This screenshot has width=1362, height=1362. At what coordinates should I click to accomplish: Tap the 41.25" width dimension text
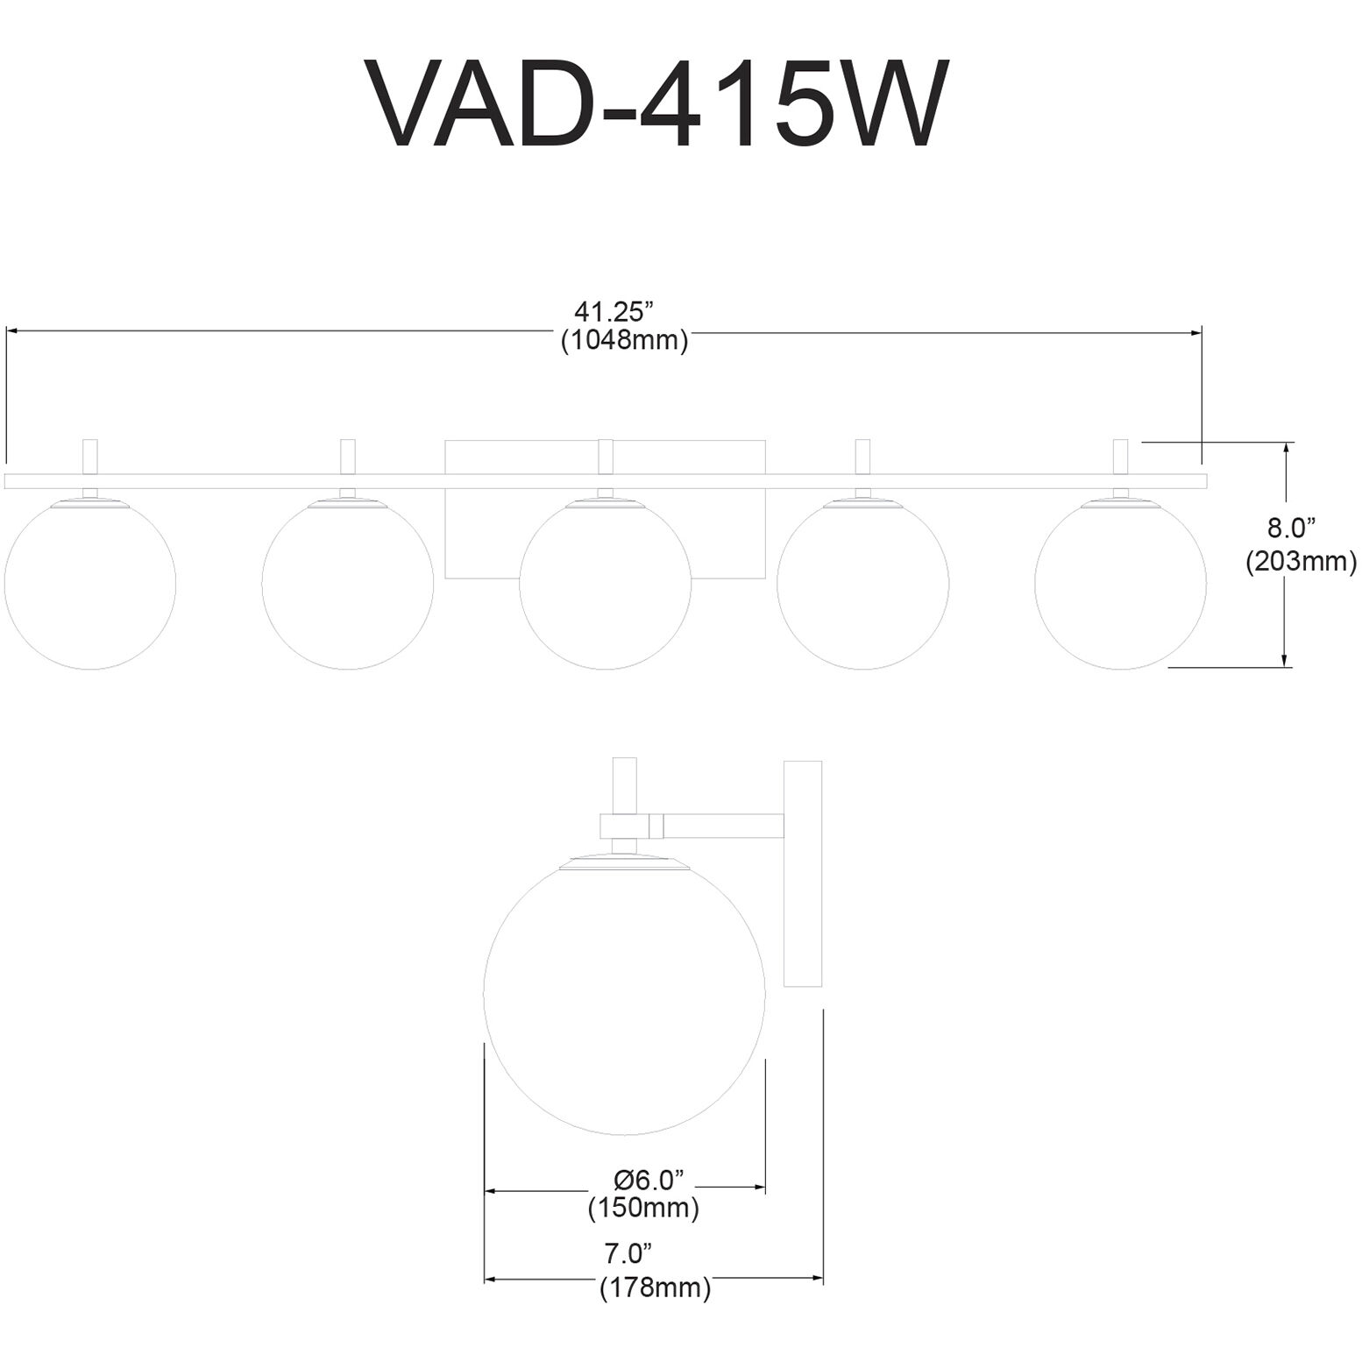click(614, 311)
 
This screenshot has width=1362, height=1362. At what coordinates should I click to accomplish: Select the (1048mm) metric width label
click(624, 341)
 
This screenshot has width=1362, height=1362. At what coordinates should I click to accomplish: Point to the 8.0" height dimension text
click(1292, 528)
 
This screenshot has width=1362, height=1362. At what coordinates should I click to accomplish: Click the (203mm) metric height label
click(1301, 560)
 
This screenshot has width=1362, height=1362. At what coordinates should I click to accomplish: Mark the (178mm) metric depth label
click(655, 1288)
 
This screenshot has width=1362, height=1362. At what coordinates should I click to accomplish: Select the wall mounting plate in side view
click(803, 874)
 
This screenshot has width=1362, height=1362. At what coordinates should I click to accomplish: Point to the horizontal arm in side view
click(722, 825)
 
